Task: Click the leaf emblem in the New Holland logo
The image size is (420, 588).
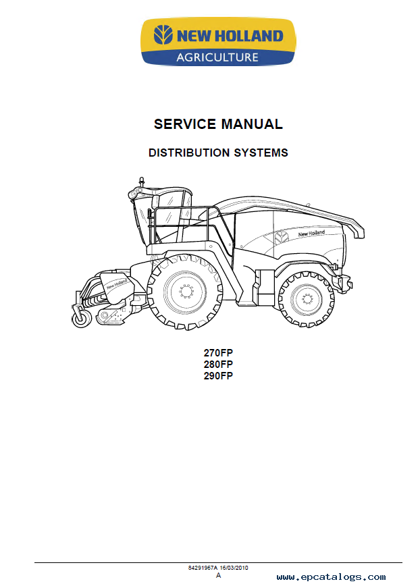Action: pyautogui.click(x=163, y=35)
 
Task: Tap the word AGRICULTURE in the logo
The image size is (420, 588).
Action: pyautogui.click(x=217, y=57)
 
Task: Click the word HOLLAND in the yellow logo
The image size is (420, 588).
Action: pyautogui.click(x=249, y=36)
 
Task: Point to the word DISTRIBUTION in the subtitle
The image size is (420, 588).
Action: pyautogui.click(x=189, y=153)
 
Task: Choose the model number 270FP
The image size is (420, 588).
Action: pyautogui.click(x=218, y=353)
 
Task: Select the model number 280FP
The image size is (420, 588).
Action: pyautogui.click(x=218, y=364)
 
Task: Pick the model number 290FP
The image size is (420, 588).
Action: pyautogui.click(x=218, y=376)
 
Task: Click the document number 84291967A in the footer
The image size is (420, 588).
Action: pyautogui.click(x=203, y=568)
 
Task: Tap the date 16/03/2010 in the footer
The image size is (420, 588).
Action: pyautogui.click(x=234, y=568)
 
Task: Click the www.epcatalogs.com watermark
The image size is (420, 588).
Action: pyautogui.click(x=331, y=577)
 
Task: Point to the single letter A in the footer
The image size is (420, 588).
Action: pyautogui.click(x=219, y=576)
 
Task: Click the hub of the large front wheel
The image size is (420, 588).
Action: pyautogui.click(x=185, y=292)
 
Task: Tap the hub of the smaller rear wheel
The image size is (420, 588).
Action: pyautogui.click(x=307, y=299)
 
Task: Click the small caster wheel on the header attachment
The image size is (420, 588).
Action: pyautogui.click(x=82, y=319)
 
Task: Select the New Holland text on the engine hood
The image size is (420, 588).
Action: pyautogui.click(x=312, y=234)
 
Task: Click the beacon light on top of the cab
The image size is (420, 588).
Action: pyautogui.click(x=141, y=181)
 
